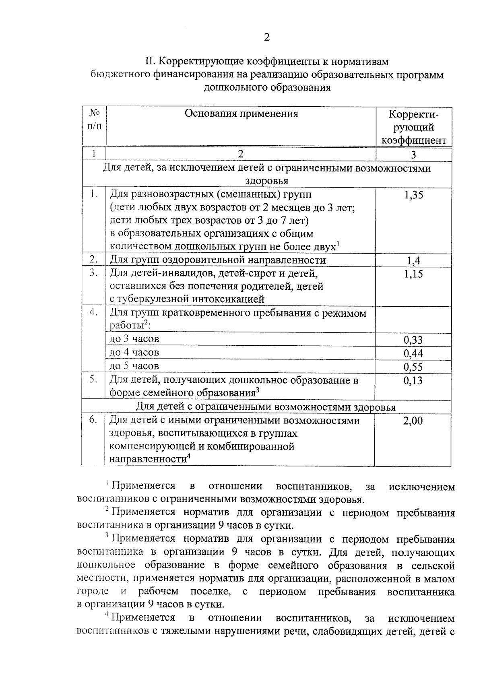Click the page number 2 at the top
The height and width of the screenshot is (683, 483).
point(266,37)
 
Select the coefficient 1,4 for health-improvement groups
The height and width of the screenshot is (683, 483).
point(413,261)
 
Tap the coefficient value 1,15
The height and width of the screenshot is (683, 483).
point(413,274)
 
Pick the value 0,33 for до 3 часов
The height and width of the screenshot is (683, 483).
point(413,340)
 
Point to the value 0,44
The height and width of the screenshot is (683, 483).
point(413,354)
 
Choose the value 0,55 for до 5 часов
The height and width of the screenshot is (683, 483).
point(413,367)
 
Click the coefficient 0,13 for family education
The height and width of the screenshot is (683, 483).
point(413,380)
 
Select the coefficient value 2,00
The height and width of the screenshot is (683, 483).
point(413,421)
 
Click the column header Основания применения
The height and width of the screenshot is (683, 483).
point(241,113)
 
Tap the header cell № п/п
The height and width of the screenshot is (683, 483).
point(94,120)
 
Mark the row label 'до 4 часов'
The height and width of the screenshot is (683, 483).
point(134,353)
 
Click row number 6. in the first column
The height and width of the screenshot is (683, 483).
point(93,420)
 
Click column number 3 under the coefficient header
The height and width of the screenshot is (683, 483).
point(413,155)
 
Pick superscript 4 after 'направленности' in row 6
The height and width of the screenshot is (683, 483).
point(188,456)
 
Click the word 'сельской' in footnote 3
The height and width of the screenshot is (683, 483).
point(433,566)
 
